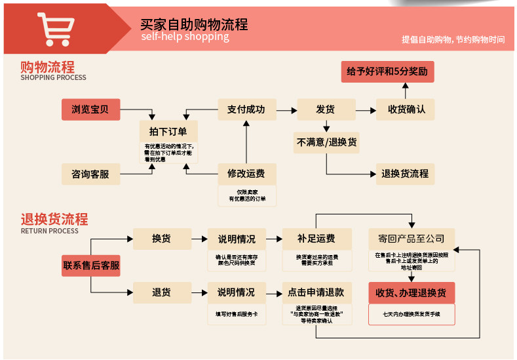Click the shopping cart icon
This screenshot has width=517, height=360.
pyautogui.click(x=55, y=30)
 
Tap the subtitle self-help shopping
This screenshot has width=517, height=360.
pyautogui.click(x=185, y=37)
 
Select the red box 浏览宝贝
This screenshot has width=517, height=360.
pyautogui.click(x=90, y=110)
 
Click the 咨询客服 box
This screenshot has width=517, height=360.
pyautogui.click(x=90, y=174)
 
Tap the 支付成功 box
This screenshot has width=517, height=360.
pyautogui.click(x=246, y=110)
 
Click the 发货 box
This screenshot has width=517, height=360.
pyautogui.click(x=326, y=110)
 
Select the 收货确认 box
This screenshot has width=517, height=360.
pyautogui.click(x=406, y=110)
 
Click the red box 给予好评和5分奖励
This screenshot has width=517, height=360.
pyautogui.click(x=387, y=71)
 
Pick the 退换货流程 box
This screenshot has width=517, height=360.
pyautogui.click(x=405, y=174)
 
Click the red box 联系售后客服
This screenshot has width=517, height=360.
pyautogui.click(x=91, y=266)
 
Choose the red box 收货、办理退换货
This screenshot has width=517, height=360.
pyautogui.click(x=411, y=292)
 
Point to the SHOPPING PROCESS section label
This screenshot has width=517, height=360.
pyautogui.click(x=53, y=77)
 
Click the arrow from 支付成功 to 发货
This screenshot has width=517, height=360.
pyautogui.click(x=286, y=110)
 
